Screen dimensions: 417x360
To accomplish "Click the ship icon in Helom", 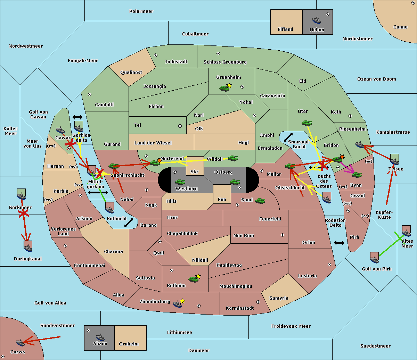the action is [x=317, y=20].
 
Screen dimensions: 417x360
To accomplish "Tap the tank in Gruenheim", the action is [x=224, y=88].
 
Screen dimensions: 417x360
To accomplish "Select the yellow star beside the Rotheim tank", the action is [x=198, y=276].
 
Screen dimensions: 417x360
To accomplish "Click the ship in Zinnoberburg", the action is [x=177, y=304].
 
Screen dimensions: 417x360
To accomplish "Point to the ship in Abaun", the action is [x=100, y=337].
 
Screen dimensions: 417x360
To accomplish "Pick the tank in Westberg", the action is [x=180, y=182].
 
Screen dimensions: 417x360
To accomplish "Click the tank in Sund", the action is [x=260, y=201].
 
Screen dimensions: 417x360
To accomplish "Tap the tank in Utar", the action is [x=306, y=123].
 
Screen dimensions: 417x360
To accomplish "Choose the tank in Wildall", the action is [x=233, y=158].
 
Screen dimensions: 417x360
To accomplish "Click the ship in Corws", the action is [x=20, y=343].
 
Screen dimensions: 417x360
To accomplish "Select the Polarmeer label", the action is [x=141, y=11].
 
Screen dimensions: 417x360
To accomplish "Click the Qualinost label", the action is [x=131, y=72].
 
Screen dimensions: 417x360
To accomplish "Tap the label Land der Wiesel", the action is [x=153, y=143].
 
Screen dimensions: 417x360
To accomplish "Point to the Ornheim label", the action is [x=129, y=344].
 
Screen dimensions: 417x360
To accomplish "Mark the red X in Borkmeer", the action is [x=23, y=214].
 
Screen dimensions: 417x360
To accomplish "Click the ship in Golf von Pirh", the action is [x=375, y=258].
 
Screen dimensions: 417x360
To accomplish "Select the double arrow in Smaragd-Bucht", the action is [x=288, y=137].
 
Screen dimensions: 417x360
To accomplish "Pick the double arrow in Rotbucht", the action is [x=129, y=223].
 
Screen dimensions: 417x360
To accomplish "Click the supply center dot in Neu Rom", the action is [x=283, y=235].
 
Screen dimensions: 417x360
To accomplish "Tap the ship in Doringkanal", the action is [x=28, y=246].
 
